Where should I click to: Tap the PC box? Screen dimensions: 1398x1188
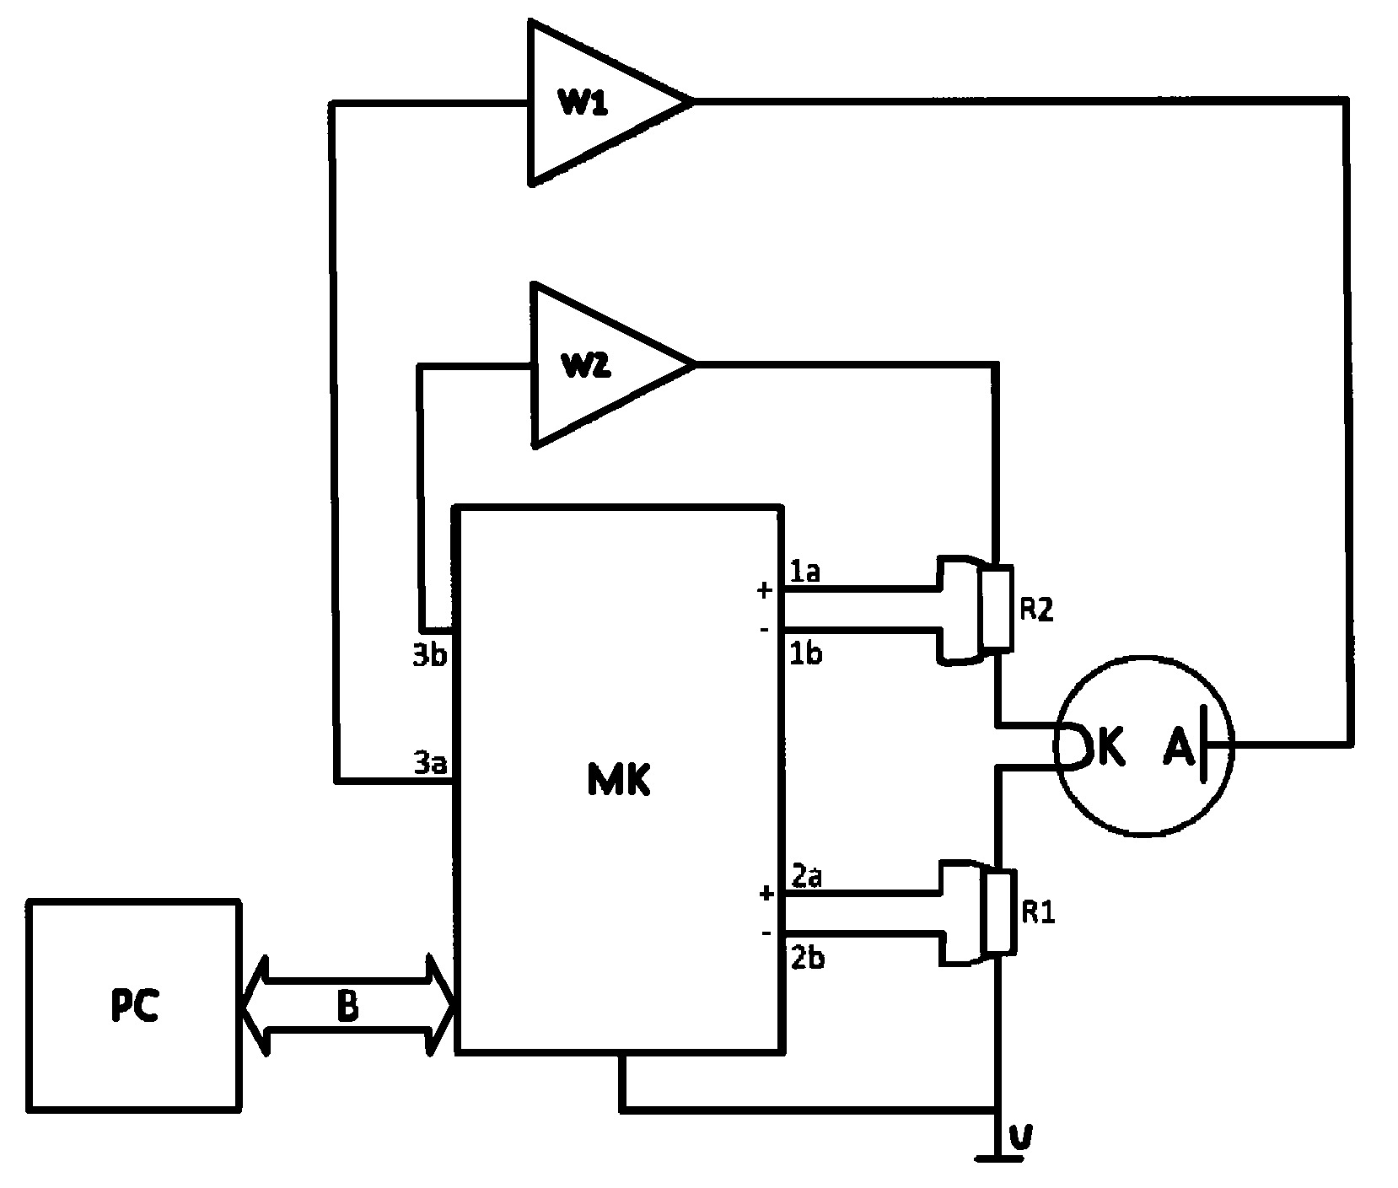(133, 1005)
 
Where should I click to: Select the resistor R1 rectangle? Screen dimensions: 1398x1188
(997, 913)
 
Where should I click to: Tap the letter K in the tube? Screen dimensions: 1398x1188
(1110, 747)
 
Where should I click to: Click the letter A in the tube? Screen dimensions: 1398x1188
(1180, 747)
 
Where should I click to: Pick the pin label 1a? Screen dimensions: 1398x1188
(804, 572)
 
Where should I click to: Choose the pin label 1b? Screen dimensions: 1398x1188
(805, 653)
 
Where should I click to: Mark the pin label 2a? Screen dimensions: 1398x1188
(807, 877)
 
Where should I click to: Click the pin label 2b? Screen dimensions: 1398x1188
(807, 959)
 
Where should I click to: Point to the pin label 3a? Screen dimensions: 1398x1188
(430, 763)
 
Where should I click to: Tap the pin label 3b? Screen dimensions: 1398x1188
(430, 657)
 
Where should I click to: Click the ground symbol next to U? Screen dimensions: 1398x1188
(998, 1156)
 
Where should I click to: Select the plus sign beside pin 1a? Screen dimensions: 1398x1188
(764, 591)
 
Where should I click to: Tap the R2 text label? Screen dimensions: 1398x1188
(1037, 610)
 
